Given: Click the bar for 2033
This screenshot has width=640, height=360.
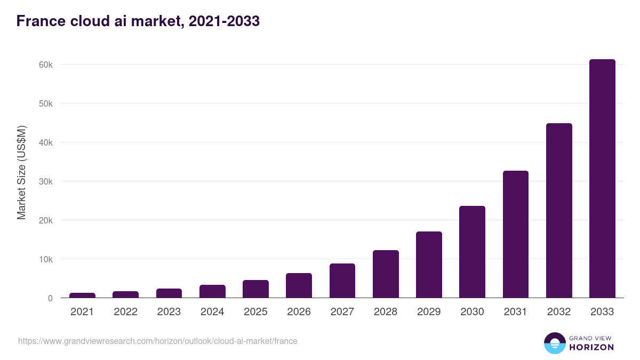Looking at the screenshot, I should coord(602,179).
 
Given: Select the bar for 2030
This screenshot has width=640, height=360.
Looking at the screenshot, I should coord(472,252).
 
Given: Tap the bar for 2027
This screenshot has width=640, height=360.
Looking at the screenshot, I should coord(342,281).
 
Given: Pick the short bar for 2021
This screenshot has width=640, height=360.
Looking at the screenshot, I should coord(82,295).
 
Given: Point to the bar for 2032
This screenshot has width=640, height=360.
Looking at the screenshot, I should coord(559,211).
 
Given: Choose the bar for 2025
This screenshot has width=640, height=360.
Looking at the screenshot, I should coord(255,289).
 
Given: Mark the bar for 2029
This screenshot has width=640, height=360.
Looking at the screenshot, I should coord(429,265).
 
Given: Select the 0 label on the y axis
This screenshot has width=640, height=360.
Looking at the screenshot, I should coord(50,298).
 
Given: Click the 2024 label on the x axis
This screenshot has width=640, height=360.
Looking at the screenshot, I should coord(212,312).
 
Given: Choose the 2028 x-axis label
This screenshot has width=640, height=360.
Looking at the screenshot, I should coord(386,312).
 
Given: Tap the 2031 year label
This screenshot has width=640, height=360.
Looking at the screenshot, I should coord(516,312).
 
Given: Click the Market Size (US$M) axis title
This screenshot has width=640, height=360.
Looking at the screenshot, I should coord(21,172).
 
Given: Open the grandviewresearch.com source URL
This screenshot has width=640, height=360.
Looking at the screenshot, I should coord(158,341).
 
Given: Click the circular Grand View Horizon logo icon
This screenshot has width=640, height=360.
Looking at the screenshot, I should coord(554,343).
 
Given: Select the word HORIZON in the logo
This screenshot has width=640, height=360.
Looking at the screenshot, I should coord(592,347).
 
